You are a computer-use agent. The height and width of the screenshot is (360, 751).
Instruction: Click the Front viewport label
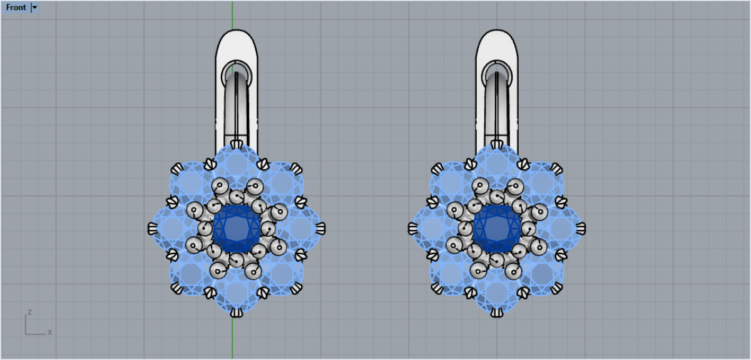point(16,8)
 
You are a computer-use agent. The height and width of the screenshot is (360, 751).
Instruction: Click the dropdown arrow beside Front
point(34,8)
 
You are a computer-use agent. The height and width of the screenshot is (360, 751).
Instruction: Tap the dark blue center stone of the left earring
point(237,229)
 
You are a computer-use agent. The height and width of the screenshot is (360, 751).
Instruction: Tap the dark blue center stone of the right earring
point(497,229)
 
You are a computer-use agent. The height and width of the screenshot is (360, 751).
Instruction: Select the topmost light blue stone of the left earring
point(237,167)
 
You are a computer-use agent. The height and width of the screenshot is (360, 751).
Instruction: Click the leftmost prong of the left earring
point(153,229)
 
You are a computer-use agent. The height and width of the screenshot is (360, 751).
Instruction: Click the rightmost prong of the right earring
point(581,229)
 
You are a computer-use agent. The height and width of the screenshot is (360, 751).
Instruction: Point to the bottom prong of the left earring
point(237,312)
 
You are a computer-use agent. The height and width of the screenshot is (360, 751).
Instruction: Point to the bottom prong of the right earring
point(497,312)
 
